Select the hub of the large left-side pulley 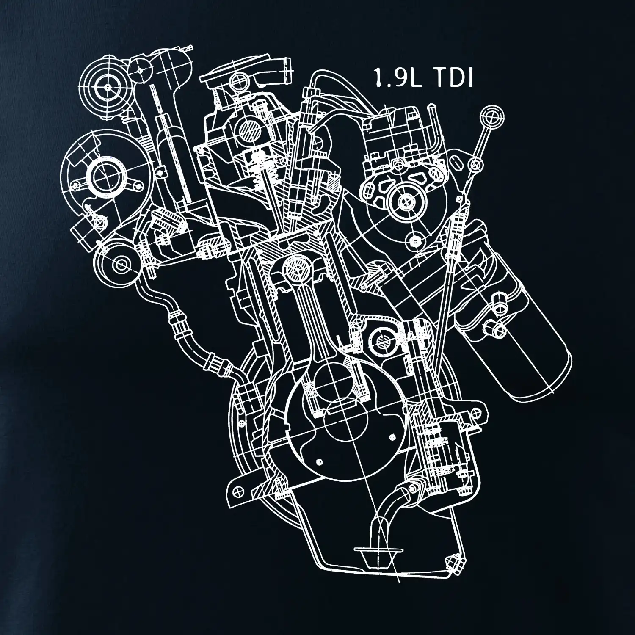tap(100, 174)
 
